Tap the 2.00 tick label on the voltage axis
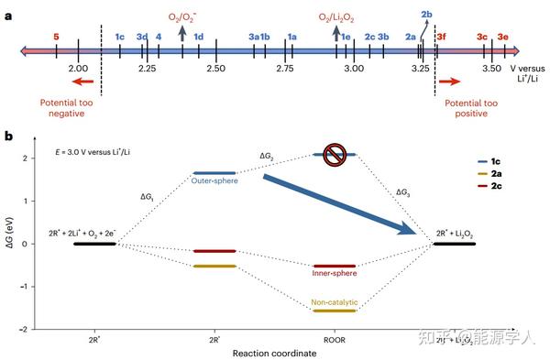[x=78, y=70]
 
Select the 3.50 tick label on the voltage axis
[x=491, y=70]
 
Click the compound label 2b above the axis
[x=426, y=16]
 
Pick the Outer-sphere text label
[x=214, y=180]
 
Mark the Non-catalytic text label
[x=334, y=301]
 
